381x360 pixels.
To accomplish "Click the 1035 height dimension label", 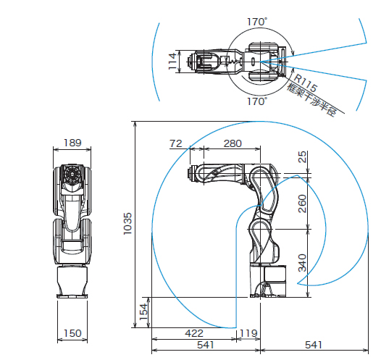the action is (x=127, y=224).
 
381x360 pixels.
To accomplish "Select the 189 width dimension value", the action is (x=72, y=143).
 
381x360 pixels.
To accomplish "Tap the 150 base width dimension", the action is (x=72, y=333).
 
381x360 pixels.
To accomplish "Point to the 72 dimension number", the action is (x=176, y=143).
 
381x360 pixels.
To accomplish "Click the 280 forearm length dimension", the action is (x=233, y=143).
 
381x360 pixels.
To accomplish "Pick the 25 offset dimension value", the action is (x=302, y=157).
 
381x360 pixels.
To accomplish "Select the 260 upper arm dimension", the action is (x=302, y=204).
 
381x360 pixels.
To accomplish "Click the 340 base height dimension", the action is (x=302, y=263).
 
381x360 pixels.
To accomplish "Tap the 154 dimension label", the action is (x=143, y=312).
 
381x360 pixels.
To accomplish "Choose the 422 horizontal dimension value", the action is (x=194, y=333).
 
